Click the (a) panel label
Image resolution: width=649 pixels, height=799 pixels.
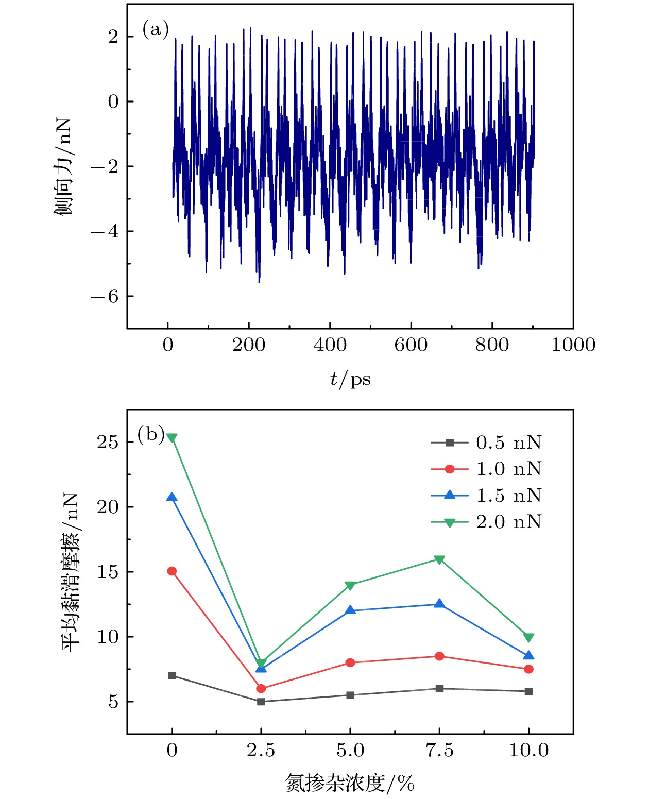(156, 29)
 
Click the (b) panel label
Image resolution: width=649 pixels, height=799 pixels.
(151, 434)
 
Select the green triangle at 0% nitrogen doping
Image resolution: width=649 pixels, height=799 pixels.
(172, 438)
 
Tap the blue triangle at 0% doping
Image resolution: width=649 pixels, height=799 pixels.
(172, 497)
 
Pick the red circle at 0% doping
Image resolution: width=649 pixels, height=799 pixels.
(172, 571)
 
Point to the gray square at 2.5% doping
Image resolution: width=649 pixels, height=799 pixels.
(261, 702)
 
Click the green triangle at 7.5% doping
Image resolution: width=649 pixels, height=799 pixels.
(439, 559)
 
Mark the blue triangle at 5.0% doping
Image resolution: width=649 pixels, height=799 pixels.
(350, 610)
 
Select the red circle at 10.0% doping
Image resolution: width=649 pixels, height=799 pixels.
(528, 669)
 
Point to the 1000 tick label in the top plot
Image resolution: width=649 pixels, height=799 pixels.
(573, 345)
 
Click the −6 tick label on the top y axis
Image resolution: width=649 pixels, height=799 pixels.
(105, 296)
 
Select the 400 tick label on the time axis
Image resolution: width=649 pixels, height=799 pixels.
(330, 345)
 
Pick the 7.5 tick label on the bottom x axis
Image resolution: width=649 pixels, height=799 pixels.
(439, 750)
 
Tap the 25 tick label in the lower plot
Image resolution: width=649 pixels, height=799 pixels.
(108, 443)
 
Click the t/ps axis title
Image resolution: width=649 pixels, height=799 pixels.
(350, 380)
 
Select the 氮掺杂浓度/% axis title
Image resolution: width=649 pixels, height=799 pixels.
(350, 783)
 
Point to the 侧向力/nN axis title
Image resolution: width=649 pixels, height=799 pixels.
(64, 166)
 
